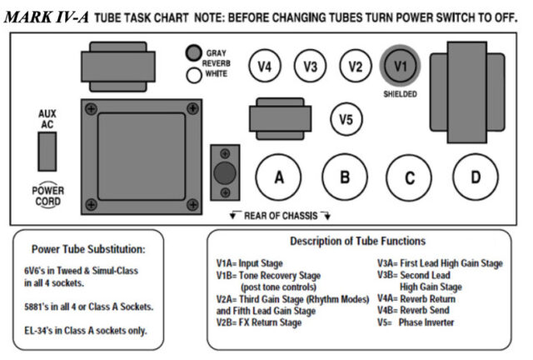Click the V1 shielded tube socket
[401, 65]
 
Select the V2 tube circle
[356, 66]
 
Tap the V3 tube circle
[310, 66]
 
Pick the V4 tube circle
[265, 66]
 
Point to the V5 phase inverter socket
[346, 118]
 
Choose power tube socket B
[344, 177]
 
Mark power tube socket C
[409, 177]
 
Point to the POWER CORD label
[48, 195]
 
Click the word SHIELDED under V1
[401, 93]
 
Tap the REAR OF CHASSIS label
[280, 215]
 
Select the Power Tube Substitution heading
[88, 248]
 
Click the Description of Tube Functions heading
[358, 242]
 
